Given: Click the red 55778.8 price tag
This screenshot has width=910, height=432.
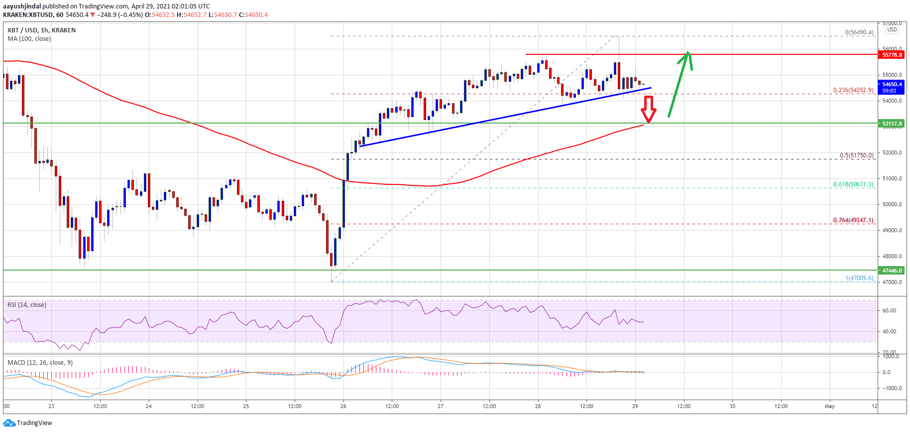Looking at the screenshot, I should coord(892,55).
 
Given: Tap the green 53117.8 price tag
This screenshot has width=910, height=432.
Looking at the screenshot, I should coord(892,124).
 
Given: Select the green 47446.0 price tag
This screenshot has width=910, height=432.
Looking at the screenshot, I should coord(892,271).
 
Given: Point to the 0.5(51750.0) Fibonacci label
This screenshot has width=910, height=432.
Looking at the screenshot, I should coord(856,155).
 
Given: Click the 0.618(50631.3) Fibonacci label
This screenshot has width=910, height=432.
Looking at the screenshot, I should coord(853,184).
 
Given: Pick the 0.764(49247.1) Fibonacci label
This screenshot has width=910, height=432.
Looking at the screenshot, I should coord(853,220).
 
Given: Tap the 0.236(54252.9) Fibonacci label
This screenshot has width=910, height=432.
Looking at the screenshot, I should coord(853,90).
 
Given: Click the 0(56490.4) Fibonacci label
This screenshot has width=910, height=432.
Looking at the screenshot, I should coord(859,32).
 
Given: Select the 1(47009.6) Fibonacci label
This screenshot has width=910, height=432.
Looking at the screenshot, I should coord(859,278).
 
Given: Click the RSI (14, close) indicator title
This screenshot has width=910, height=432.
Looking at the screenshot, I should coord(27,305).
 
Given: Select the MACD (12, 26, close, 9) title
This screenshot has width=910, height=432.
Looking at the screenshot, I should coord(40,363).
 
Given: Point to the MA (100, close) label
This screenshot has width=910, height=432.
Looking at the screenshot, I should coord(29,39).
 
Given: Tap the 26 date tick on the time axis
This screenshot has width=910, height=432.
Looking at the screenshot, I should coord(343,406).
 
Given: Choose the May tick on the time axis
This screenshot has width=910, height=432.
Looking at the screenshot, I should coord(829,406).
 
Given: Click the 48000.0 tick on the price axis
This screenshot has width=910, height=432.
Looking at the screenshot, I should coord(892,256).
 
